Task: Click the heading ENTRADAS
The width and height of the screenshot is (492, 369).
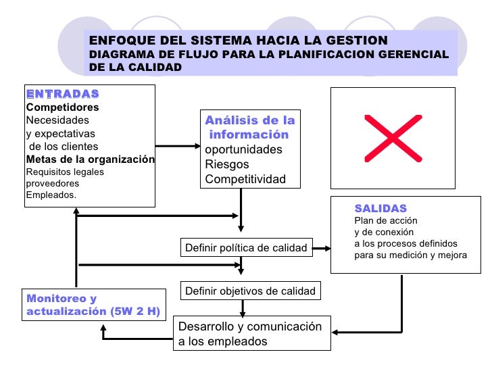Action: coord(62,93)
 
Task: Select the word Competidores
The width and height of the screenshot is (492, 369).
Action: coord(62,107)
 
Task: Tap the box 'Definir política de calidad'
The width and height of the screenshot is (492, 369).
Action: coord(246,249)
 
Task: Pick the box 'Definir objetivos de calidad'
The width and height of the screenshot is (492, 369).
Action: coord(250,291)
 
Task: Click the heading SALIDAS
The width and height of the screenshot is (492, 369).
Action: coord(380,209)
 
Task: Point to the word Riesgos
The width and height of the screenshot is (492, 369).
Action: coord(227,164)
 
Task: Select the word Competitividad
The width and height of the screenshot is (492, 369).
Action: coord(245,179)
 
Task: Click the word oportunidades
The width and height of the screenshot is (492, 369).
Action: coord(243,149)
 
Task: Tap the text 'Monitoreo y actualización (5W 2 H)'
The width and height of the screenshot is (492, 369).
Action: coord(94,305)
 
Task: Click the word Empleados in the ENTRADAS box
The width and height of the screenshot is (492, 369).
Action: coord(51,195)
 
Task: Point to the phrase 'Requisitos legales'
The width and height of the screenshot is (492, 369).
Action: coord(65,172)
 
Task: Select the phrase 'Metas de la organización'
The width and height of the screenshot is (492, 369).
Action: coord(90,159)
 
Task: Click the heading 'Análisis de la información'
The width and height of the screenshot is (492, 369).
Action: coord(249,128)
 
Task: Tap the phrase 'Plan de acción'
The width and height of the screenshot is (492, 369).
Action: coord(386,221)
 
